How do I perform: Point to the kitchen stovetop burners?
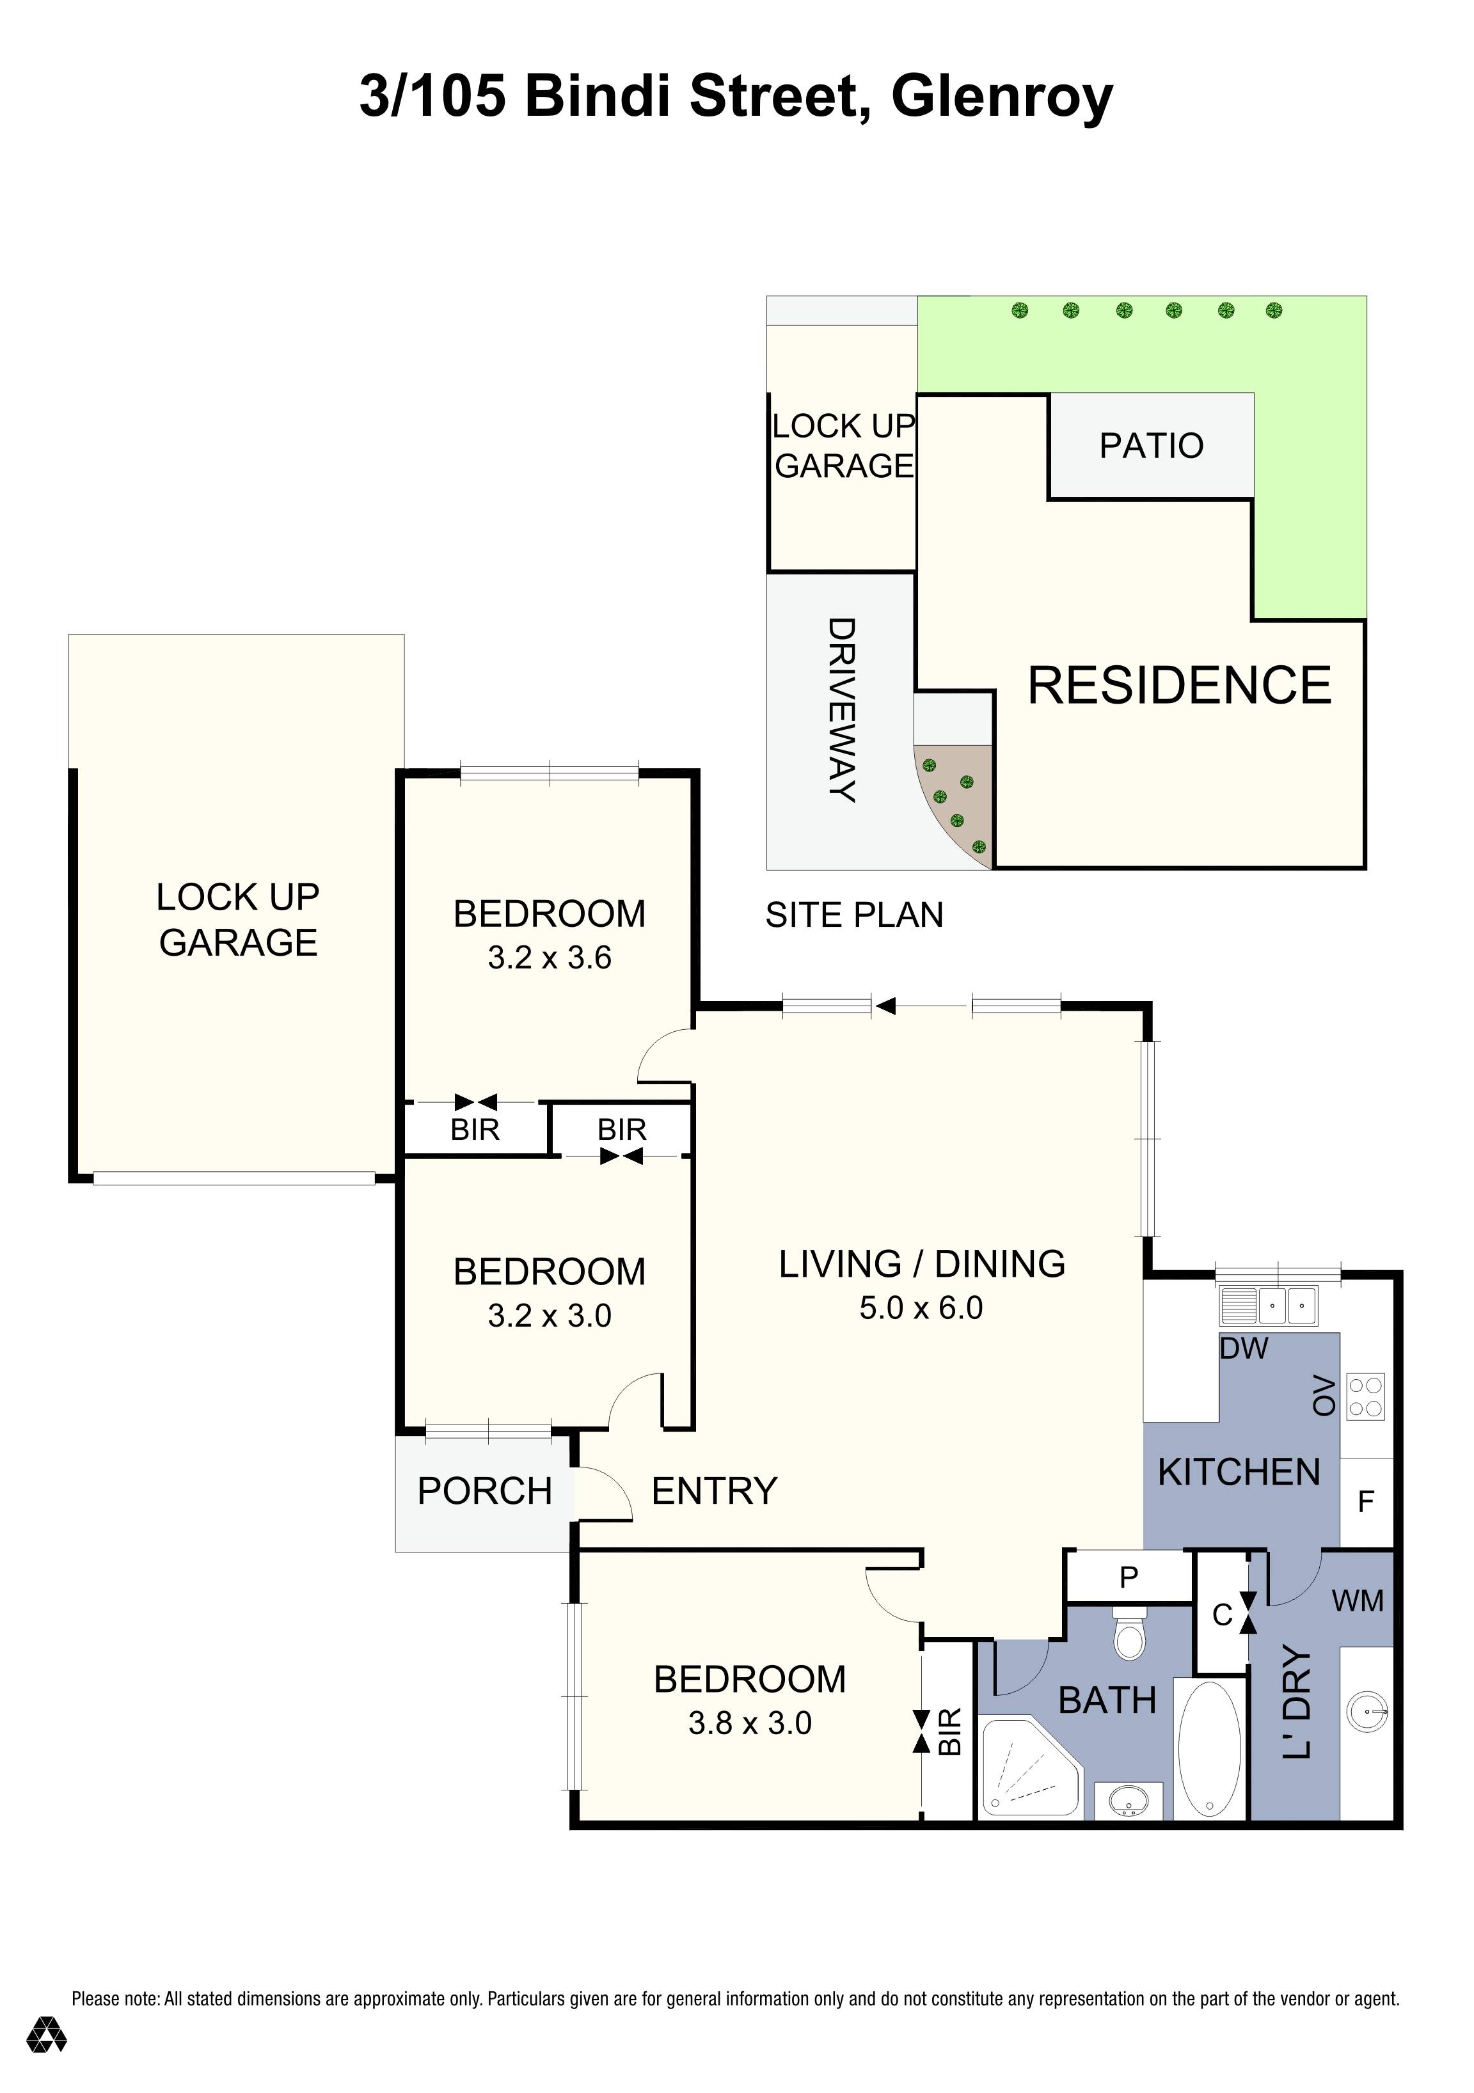tap(1365, 1396)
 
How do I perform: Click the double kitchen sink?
tap(1268, 1306)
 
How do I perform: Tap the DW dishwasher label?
tap(1244, 1348)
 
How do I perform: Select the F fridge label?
tap(1365, 1501)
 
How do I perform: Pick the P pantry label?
tap(1129, 1576)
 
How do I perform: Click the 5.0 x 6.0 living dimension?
tap(921, 1308)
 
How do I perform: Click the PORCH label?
tap(485, 1491)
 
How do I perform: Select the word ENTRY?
tap(714, 1491)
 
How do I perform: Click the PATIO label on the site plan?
tap(1152, 446)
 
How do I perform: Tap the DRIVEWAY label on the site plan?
tap(841, 710)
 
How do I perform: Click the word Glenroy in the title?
tap(1002, 97)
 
